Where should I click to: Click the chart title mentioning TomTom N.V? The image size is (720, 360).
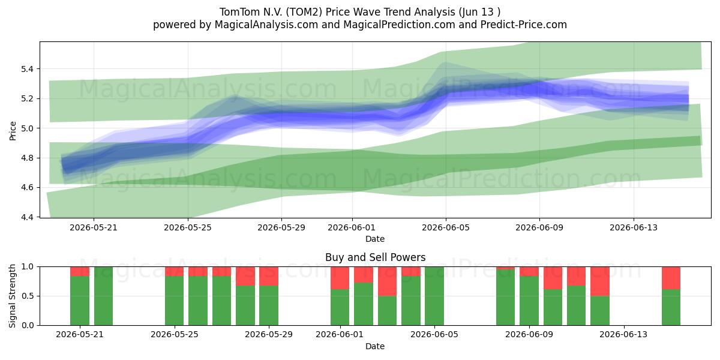359,12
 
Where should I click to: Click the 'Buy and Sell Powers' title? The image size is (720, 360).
375,257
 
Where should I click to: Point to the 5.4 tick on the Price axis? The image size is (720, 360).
26,69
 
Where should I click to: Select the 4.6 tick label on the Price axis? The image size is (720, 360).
26,188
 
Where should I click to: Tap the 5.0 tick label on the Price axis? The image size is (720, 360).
26,128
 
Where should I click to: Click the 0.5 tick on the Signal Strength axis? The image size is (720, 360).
28,296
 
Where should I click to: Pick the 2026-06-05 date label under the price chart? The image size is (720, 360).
445,227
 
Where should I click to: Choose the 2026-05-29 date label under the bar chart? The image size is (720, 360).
269,334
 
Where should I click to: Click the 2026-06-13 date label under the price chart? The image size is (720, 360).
634,227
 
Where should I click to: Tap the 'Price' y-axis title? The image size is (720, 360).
13,131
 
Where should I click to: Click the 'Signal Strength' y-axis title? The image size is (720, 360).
12,296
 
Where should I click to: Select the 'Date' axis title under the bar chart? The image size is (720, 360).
375,346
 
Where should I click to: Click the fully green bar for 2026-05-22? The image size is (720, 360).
103,296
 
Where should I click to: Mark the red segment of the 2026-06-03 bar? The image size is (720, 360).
387,281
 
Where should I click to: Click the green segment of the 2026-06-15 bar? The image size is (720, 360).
671,307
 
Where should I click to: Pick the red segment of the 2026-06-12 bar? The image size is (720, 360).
600,281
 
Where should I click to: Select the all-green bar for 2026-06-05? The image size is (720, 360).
434,296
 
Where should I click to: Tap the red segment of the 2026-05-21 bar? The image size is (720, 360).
80,271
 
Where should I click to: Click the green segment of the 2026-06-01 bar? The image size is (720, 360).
340,307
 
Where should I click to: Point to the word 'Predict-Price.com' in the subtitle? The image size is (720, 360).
524,25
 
